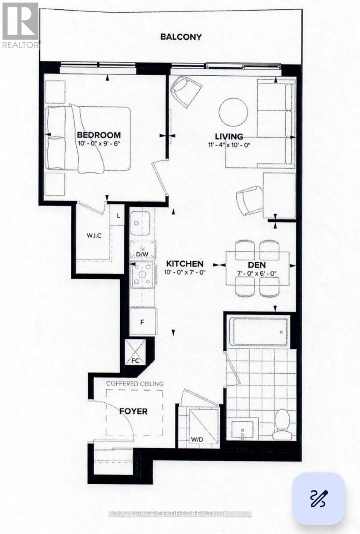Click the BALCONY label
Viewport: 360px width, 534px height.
[x=181, y=37]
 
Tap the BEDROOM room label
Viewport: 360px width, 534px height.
[x=98, y=135]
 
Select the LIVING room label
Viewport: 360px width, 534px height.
[x=229, y=137]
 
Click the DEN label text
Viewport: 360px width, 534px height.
[x=258, y=264]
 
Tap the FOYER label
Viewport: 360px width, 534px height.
[x=133, y=411]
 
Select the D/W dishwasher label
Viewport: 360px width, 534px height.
[x=142, y=254]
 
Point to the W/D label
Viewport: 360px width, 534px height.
[x=198, y=440]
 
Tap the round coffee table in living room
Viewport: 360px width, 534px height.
[x=234, y=111]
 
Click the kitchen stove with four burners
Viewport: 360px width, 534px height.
[x=142, y=275]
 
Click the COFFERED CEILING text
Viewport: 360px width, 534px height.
[x=135, y=384]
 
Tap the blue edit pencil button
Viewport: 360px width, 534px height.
[x=318, y=498]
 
